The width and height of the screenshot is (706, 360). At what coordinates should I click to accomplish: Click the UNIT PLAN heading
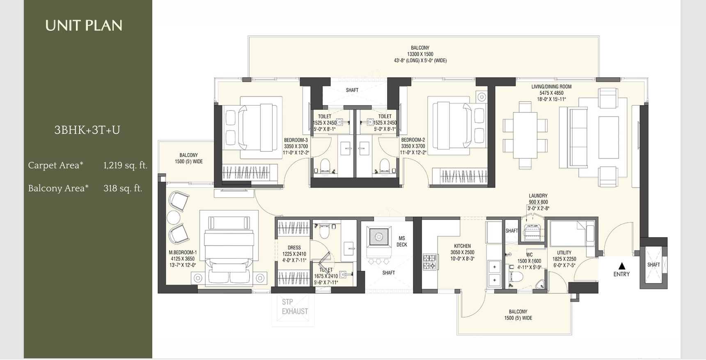(84, 25)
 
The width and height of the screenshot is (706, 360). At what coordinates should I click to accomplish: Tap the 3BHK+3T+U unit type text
(87, 130)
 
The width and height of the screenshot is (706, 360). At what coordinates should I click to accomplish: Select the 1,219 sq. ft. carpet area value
(125, 165)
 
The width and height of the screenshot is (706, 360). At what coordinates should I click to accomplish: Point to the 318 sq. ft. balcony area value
(123, 188)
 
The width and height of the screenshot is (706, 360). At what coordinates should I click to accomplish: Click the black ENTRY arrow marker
(622, 266)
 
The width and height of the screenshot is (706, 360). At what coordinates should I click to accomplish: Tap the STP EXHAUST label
(295, 307)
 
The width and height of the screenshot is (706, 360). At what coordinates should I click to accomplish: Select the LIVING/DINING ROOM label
(551, 87)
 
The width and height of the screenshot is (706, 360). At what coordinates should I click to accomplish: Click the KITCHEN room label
(463, 246)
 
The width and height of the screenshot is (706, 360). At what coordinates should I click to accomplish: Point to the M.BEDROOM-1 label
(183, 252)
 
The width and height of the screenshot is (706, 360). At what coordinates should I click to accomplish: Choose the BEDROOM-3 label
(296, 140)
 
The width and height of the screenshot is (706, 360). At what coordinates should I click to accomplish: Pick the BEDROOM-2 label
(413, 140)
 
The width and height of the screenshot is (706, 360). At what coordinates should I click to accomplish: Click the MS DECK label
(402, 241)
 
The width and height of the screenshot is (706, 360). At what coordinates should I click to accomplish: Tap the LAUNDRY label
(538, 196)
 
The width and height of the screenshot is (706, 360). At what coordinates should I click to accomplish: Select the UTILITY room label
(564, 253)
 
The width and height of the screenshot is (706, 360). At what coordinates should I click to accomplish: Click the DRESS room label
(294, 248)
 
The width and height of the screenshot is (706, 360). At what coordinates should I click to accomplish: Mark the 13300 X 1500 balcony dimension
(420, 54)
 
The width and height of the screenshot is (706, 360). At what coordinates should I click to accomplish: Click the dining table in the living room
(525, 135)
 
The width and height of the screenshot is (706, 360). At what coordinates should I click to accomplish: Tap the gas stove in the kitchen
(430, 262)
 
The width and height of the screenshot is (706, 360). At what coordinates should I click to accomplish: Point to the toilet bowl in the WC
(515, 277)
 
